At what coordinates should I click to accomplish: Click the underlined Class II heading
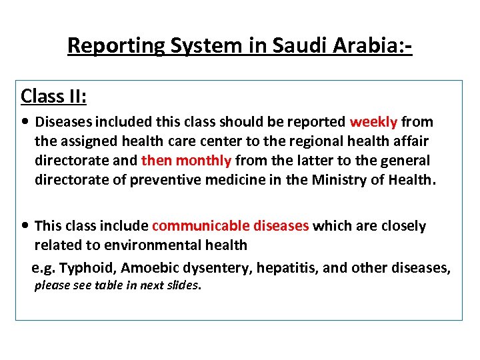click(x=54, y=96)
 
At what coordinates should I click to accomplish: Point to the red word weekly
click(x=373, y=122)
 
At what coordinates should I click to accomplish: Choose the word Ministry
click(x=339, y=180)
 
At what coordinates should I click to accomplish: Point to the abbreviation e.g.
click(x=44, y=268)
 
